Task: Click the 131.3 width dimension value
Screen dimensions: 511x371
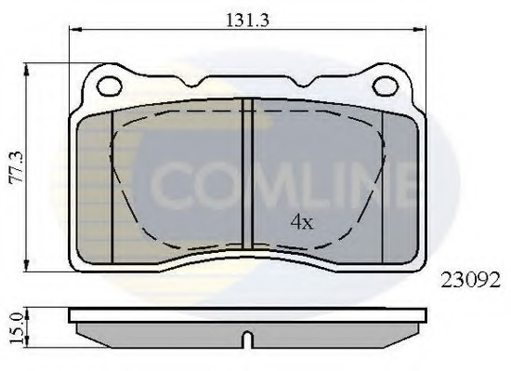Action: pos(247,20)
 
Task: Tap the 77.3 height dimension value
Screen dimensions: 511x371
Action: pos(17,167)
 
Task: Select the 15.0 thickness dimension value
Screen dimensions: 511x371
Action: pos(17,327)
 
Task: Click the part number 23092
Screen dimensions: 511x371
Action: pos(470,280)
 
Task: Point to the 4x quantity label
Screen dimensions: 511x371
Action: pos(302,222)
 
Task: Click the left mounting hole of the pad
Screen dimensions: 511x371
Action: pos(110,86)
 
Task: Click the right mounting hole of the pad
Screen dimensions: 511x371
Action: pos(386,86)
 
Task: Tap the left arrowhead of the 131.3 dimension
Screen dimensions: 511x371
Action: pos(75,30)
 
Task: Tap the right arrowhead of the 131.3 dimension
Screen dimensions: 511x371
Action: pos(420,30)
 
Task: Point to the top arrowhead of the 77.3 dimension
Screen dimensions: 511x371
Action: pos(27,70)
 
